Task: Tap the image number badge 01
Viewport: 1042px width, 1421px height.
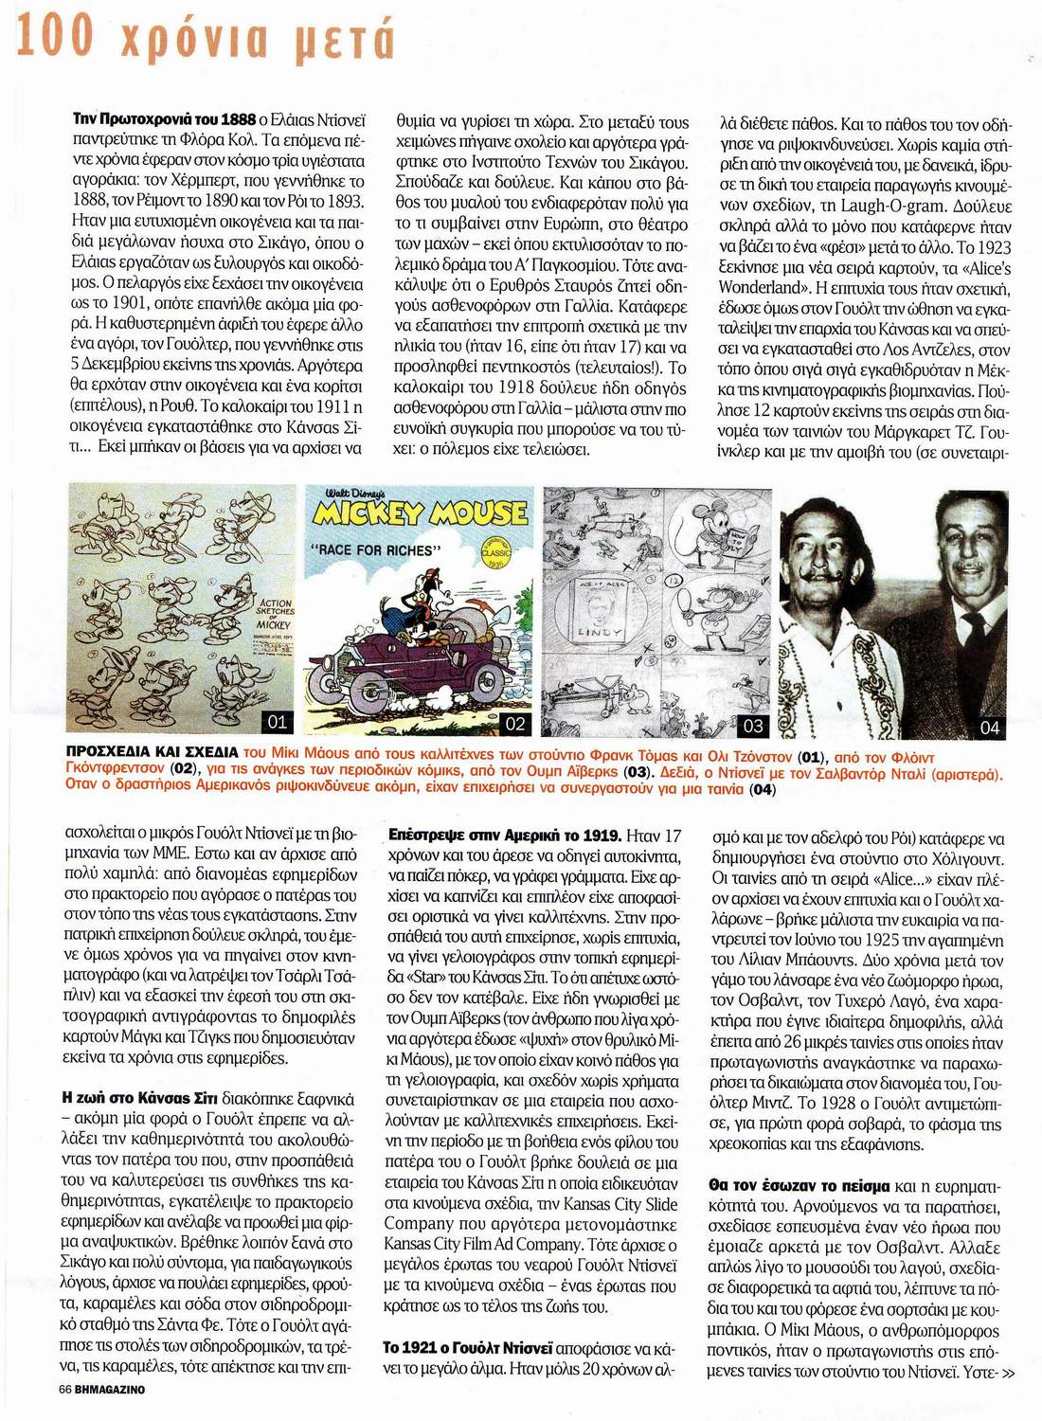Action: point(278,722)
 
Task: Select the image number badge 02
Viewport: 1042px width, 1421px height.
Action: point(515,725)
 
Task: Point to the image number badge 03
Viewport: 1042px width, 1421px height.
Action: point(753,727)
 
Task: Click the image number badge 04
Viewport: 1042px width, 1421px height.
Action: point(989,728)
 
